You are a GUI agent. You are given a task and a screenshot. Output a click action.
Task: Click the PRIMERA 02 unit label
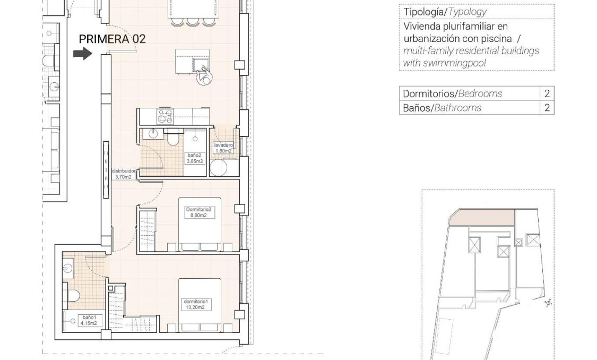click(x=112, y=39)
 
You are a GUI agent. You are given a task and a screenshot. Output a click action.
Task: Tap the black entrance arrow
click(x=82, y=54)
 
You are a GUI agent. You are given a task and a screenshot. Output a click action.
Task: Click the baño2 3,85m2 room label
click(x=195, y=158)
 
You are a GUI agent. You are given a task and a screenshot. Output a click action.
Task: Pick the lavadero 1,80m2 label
click(x=223, y=148)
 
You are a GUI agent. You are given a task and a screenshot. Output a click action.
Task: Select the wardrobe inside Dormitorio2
click(x=148, y=229)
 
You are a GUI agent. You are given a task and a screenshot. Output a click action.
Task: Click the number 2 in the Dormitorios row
click(x=547, y=93)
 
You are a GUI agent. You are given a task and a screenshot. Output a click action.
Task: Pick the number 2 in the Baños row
click(x=547, y=108)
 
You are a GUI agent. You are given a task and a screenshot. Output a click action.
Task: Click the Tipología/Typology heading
click(x=445, y=12)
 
